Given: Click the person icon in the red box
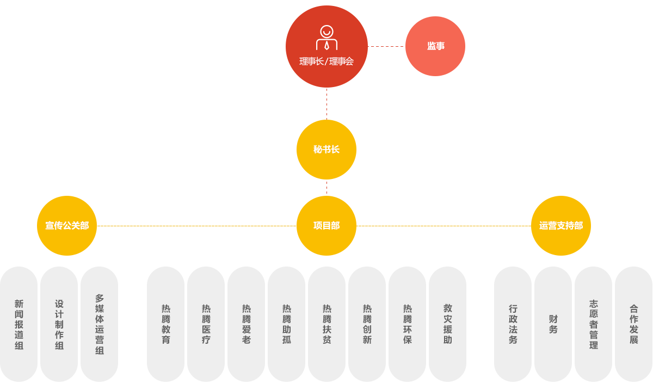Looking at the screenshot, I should (326, 38).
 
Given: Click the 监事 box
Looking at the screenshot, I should (435, 46).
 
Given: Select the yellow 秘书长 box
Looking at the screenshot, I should (326, 149).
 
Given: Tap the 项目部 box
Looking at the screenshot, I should (326, 225).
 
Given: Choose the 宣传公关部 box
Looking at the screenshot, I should (66, 225).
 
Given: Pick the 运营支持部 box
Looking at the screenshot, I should (560, 225).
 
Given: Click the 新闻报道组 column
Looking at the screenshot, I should (19, 324).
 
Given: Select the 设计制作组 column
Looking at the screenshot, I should (59, 324).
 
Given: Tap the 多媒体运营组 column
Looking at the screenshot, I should (99, 324).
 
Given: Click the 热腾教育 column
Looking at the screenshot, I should (166, 324).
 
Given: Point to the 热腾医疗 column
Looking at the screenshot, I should (206, 324).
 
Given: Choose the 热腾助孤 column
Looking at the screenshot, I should (286, 324).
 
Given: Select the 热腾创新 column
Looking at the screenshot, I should (367, 324).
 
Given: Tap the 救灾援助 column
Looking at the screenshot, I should (447, 324).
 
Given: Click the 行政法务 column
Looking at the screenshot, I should (513, 324).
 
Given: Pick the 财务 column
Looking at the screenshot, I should (553, 324).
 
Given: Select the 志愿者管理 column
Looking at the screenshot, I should (593, 324).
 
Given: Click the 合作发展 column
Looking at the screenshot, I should (633, 324).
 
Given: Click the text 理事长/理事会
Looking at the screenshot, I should (326, 61).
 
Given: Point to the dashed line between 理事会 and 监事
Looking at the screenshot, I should (386, 46).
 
